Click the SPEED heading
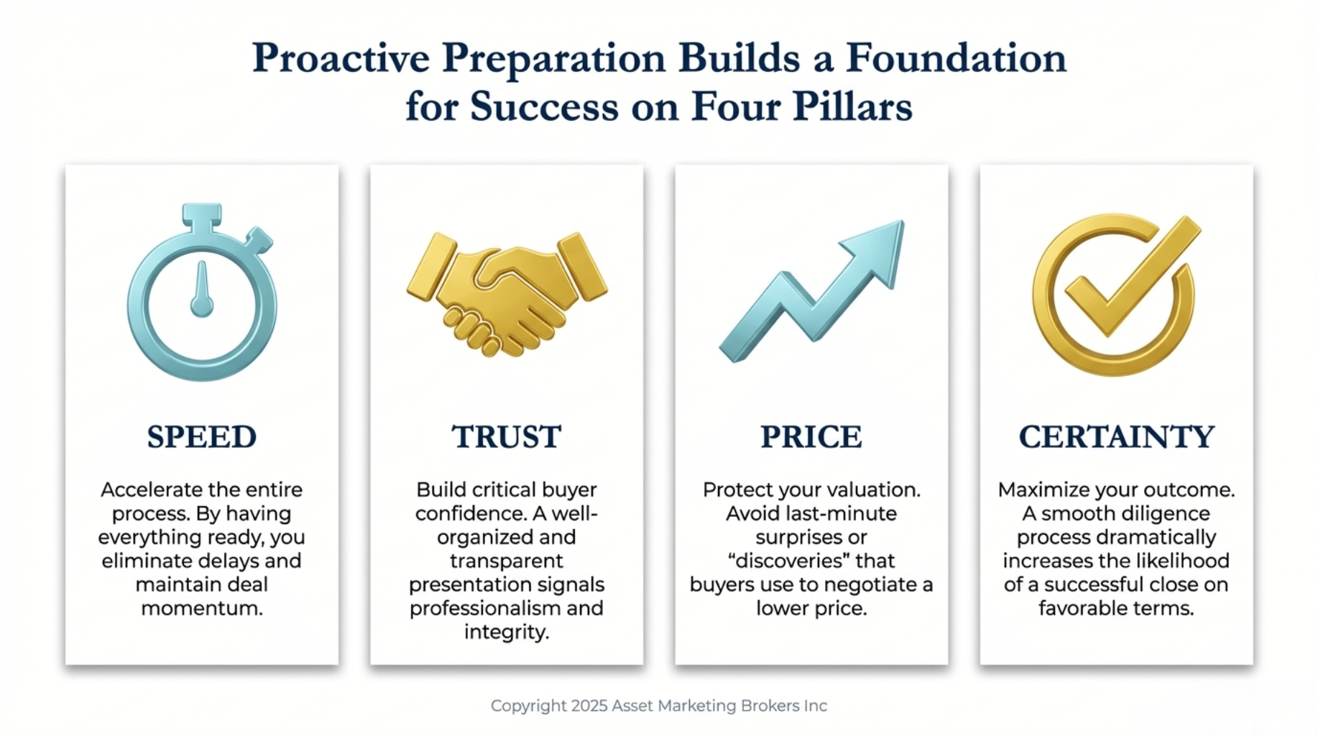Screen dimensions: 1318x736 point(202,437)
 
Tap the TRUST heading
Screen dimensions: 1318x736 point(507,437)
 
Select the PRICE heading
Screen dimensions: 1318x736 point(811,437)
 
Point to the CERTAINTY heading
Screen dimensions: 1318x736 point(1117,437)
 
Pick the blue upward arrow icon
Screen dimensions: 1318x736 point(812,291)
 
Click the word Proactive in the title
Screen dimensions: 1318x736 point(341,57)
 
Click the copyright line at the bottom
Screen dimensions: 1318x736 point(659,706)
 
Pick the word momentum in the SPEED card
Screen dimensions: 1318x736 point(202,609)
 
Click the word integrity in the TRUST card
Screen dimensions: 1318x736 point(507,632)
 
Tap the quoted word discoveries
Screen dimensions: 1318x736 point(811,561)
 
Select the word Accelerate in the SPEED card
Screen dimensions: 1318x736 point(152,490)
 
